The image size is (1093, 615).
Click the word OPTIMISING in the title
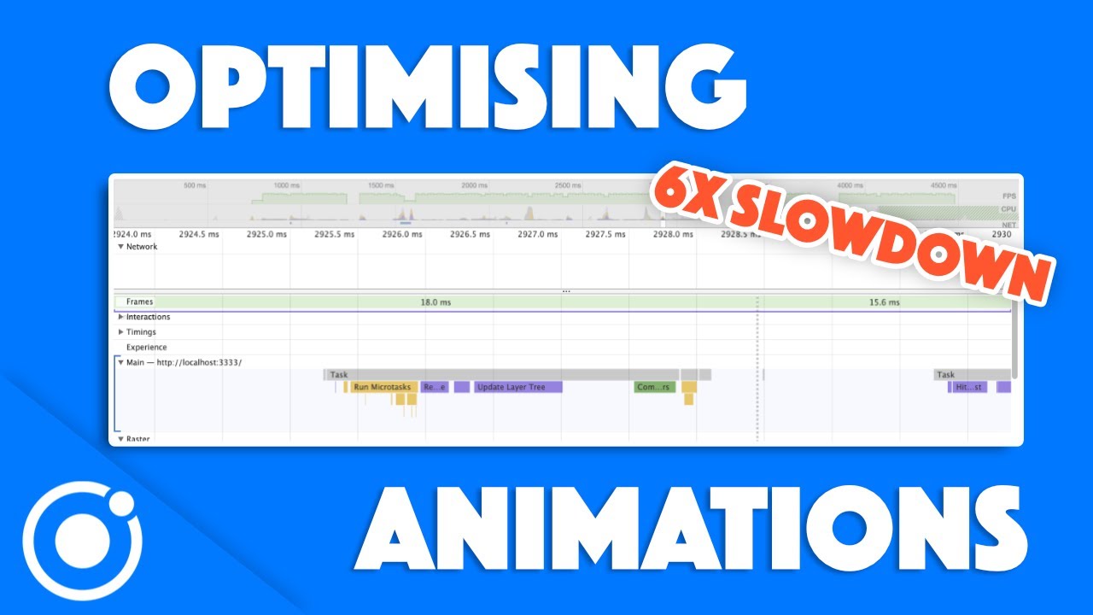click(x=427, y=85)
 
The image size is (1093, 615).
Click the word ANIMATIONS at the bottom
click(x=690, y=530)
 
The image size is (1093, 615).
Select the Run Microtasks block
click(x=382, y=387)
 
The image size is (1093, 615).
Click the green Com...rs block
click(x=654, y=387)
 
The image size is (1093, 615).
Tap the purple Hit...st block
click(x=969, y=387)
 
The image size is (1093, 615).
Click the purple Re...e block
click(x=435, y=387)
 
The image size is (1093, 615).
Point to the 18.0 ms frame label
click(x=435, y=302)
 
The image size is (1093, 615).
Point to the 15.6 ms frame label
click(x=884, y=302)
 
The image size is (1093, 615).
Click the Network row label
click(x=142, y=247)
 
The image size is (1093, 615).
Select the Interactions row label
click(x=148, y=317)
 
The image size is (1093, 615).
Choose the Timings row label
click(x=141, y=332)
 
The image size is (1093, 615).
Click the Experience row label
click(x=146, y=348)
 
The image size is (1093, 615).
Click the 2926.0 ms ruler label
click(x=401, y=234)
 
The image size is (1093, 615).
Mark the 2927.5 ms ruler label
click(x=605, y=234)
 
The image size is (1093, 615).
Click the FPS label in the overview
click(x=1008, y=196)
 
